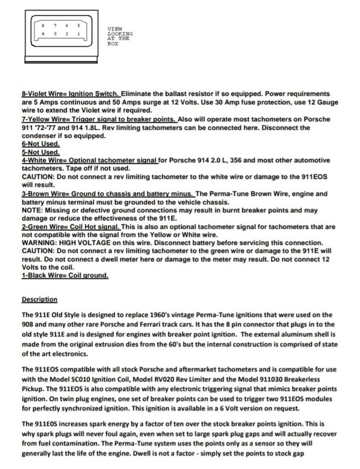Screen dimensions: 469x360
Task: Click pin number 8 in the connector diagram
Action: (x=43, y=26)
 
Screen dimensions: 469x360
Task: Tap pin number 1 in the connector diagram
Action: (x=78, y=34)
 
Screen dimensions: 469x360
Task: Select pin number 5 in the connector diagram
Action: (x=78, y=26)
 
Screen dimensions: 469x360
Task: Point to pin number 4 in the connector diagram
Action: (x=43, y=34)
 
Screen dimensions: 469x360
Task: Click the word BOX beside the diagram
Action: (x=113, y=44)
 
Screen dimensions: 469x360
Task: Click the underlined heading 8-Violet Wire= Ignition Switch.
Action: (x=71, y=94)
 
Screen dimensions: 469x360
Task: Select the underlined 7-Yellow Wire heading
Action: (x=99, y=119)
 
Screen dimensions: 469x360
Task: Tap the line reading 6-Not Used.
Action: (x=41, y=144)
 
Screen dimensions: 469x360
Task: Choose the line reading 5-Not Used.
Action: (x=41, y=152)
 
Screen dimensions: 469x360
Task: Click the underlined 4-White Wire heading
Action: (x=90, y=160)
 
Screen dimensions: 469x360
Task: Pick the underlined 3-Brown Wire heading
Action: (x=108, y=194)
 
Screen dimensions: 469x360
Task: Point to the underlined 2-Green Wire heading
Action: (x=71, y=227)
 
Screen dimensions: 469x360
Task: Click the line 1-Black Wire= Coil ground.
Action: (x=65, y=275)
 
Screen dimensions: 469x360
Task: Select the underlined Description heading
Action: (x=39, y=300)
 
